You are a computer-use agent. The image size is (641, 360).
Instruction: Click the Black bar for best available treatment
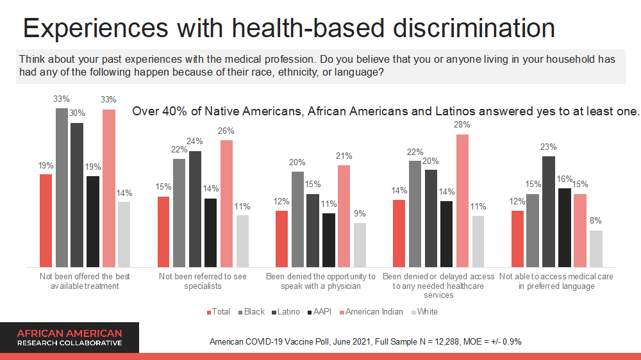point(62,188)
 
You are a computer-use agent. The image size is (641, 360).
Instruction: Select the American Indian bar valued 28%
point(462,200)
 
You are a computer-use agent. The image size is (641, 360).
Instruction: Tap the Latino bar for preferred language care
point(549,212)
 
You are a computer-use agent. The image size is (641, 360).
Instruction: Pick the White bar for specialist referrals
point(242,241)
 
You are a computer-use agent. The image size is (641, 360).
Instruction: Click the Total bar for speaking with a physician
point(281,238)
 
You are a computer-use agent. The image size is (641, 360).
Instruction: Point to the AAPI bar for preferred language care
point(565,227)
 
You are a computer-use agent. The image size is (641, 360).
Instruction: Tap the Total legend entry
point(219,312)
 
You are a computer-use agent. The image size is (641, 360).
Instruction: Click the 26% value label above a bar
point(226,131)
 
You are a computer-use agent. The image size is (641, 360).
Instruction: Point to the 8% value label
point(596,221)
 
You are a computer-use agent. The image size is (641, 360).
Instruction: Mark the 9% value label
point(360,214)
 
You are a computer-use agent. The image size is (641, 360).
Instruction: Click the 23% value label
point(549,147)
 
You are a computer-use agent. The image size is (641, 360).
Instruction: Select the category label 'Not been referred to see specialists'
point(203,281)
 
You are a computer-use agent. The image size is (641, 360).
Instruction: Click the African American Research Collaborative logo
point(69,338)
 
